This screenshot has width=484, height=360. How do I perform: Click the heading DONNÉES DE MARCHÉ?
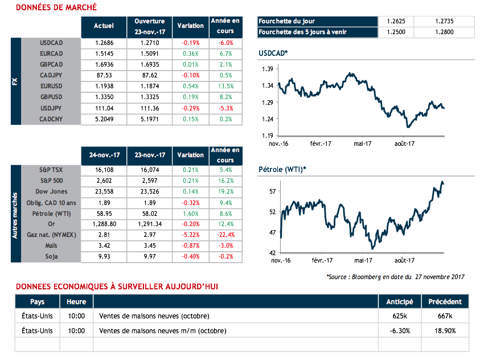[x=56, y=7]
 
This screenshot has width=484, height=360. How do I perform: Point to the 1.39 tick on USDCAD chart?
[x=267, y=69]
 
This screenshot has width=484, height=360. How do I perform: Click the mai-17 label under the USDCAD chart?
[x=362, y=144]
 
